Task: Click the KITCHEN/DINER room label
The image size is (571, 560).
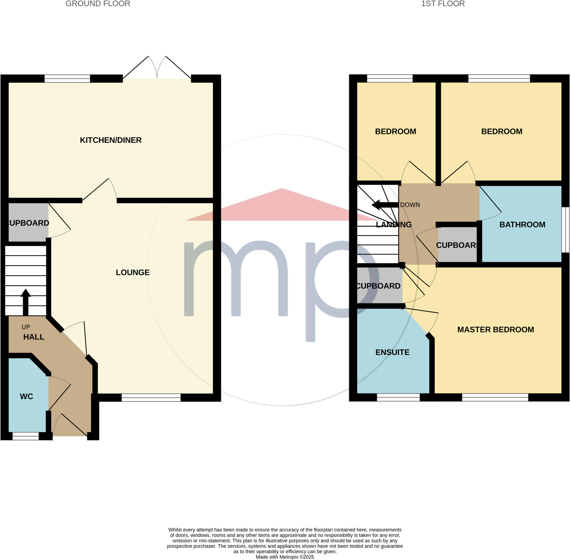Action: click(x=111, y=140)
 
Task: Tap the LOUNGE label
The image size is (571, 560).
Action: click(x=132, y=272)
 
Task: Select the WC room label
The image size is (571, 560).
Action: click(x=26, y=396)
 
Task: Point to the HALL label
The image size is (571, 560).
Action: click(x=34, y=337)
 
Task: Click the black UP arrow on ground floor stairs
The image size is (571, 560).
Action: click(x=26, y=302)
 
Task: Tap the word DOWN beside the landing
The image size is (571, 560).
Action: click(x=410, y=205)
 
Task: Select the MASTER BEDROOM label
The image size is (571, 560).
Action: click(x=495, y=330)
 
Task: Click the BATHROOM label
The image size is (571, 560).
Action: click(x=522, y=225)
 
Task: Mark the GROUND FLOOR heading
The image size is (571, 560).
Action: click(x=98, y=4)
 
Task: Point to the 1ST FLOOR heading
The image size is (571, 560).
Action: click(x=443, y=4)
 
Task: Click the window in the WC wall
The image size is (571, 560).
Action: click(x=26, y=436)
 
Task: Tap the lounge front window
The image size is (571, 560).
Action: click(x=151, y=398)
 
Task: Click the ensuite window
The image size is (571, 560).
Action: click(x=398, y=398)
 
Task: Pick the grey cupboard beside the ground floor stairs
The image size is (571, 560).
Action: click(x=28, y=223)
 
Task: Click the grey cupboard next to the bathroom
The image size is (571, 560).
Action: click(x=457, y=245)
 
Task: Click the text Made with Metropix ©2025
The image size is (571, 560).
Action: click(x=285, y=557)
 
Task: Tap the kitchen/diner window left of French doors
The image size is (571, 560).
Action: click(x=67, y=79)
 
